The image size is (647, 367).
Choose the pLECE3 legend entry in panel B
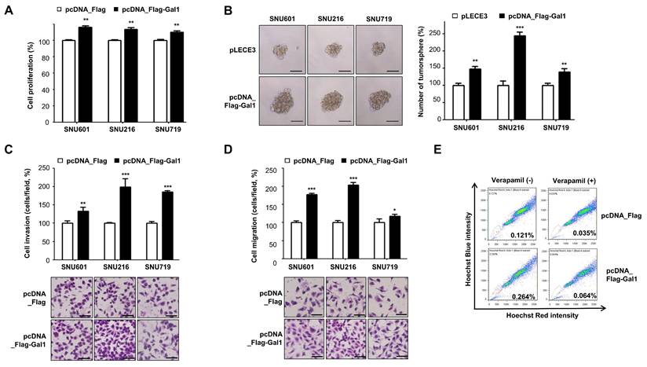click(x=457, y=13)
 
